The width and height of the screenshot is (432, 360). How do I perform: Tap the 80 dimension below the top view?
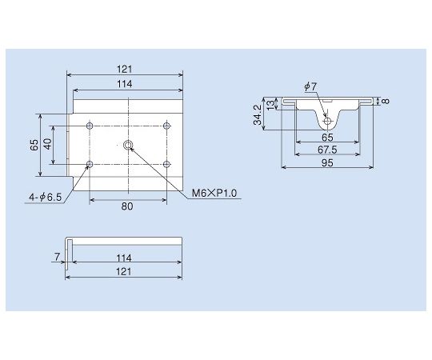pyautogui.click(x=128, y=206)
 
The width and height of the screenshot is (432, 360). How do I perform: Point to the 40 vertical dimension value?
pyautogui.click(x=48, y=145)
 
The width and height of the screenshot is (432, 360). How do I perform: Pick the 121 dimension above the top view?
pyautogui.click(x=124, y=69)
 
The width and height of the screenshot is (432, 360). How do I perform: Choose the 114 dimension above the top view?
pyautogui.click(x=124, y=84)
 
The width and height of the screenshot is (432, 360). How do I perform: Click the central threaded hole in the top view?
pyautogui.click(x=129, y=145)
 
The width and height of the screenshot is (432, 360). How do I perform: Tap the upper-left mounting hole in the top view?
pyautogui.click(x=90, y=126)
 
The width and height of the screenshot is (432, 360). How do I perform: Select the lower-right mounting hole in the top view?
pyautogui.click(x=166, y=164)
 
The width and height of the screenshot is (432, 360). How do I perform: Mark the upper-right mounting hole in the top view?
pyautogui.click(x=166, y=126)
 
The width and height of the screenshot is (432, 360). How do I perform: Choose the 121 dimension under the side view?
pyautogui.click(x=124, y=272)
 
